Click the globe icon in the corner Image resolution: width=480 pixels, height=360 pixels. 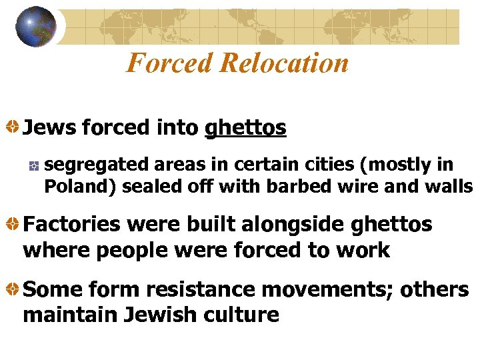36,27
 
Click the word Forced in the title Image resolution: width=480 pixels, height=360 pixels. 168,63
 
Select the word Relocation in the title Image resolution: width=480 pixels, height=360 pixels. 283,63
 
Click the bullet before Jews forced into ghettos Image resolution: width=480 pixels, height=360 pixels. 12,127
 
